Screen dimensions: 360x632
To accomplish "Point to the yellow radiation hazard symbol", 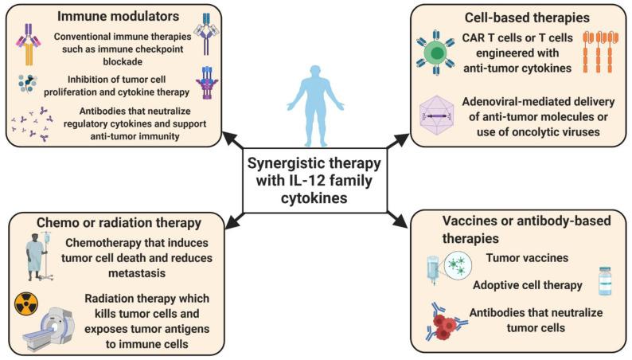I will pos(27,303).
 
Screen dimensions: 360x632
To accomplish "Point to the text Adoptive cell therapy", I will pos(528,285).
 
